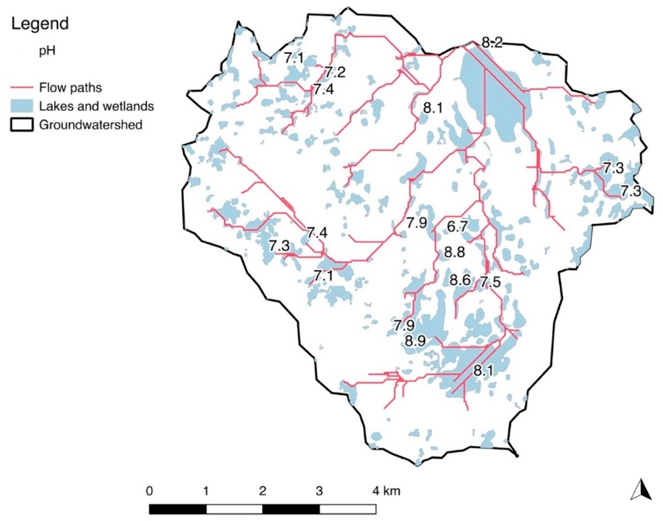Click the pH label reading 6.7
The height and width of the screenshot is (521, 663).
pyautogui.click(x=457, y=227)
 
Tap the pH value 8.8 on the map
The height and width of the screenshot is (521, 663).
pyautogui.click(x=454, y=253)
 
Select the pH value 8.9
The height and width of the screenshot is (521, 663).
pyautogui.click(x=415, y=341)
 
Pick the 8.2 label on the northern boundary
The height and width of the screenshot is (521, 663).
pyautogui.click(x=491, y=43)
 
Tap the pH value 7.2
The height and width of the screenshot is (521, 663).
pyautogui.click(x=335, y=72)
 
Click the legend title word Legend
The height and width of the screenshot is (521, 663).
pyautogui.click(x=40, y=24)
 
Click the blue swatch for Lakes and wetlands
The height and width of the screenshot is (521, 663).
pyautogui.click(x=22, y=106)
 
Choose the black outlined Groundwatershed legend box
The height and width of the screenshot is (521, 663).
pyautogui.click(x=22, y=125)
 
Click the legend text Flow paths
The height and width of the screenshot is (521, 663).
pyautogui.click(x=70, y=88)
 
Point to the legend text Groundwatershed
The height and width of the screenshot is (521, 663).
pyautogui.click(x=91, y=125)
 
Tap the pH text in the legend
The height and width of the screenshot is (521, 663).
pyautogui.click(x=47, y=51)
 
